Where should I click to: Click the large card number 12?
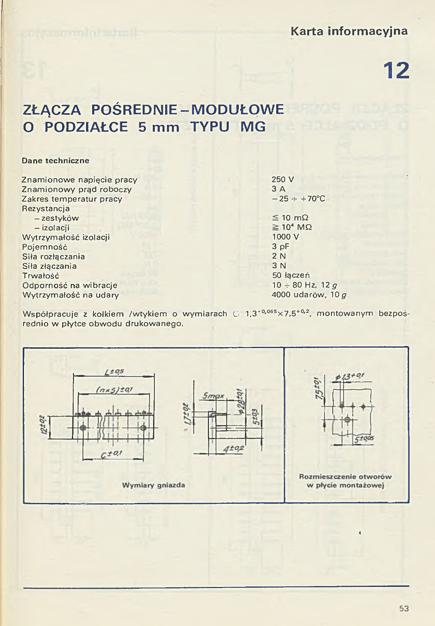[x=396, y=70]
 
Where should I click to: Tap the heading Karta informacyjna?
[x=349, y=31]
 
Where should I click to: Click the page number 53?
[x=404, y=608]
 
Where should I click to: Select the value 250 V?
[x=283, y=179]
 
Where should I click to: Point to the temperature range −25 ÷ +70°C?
[x=298, y=199]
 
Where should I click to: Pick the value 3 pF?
[x=281, y=246]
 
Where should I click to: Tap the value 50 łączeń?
[x=291, y=275]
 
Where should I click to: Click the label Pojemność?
[x=44, y=247]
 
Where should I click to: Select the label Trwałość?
[x=40, y=276]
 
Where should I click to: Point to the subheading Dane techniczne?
[x=56, y=160]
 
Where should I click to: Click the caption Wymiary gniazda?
[x=154, y=485]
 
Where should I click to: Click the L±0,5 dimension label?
[x=114, y=372]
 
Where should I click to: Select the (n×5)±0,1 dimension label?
[x=114, y=390]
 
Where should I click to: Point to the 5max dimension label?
[x=213, y=396]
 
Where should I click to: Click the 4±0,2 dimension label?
[x=234, y=448]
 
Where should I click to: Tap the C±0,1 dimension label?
[x=111, y=454]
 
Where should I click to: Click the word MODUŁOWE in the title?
[x=238, y=109]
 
